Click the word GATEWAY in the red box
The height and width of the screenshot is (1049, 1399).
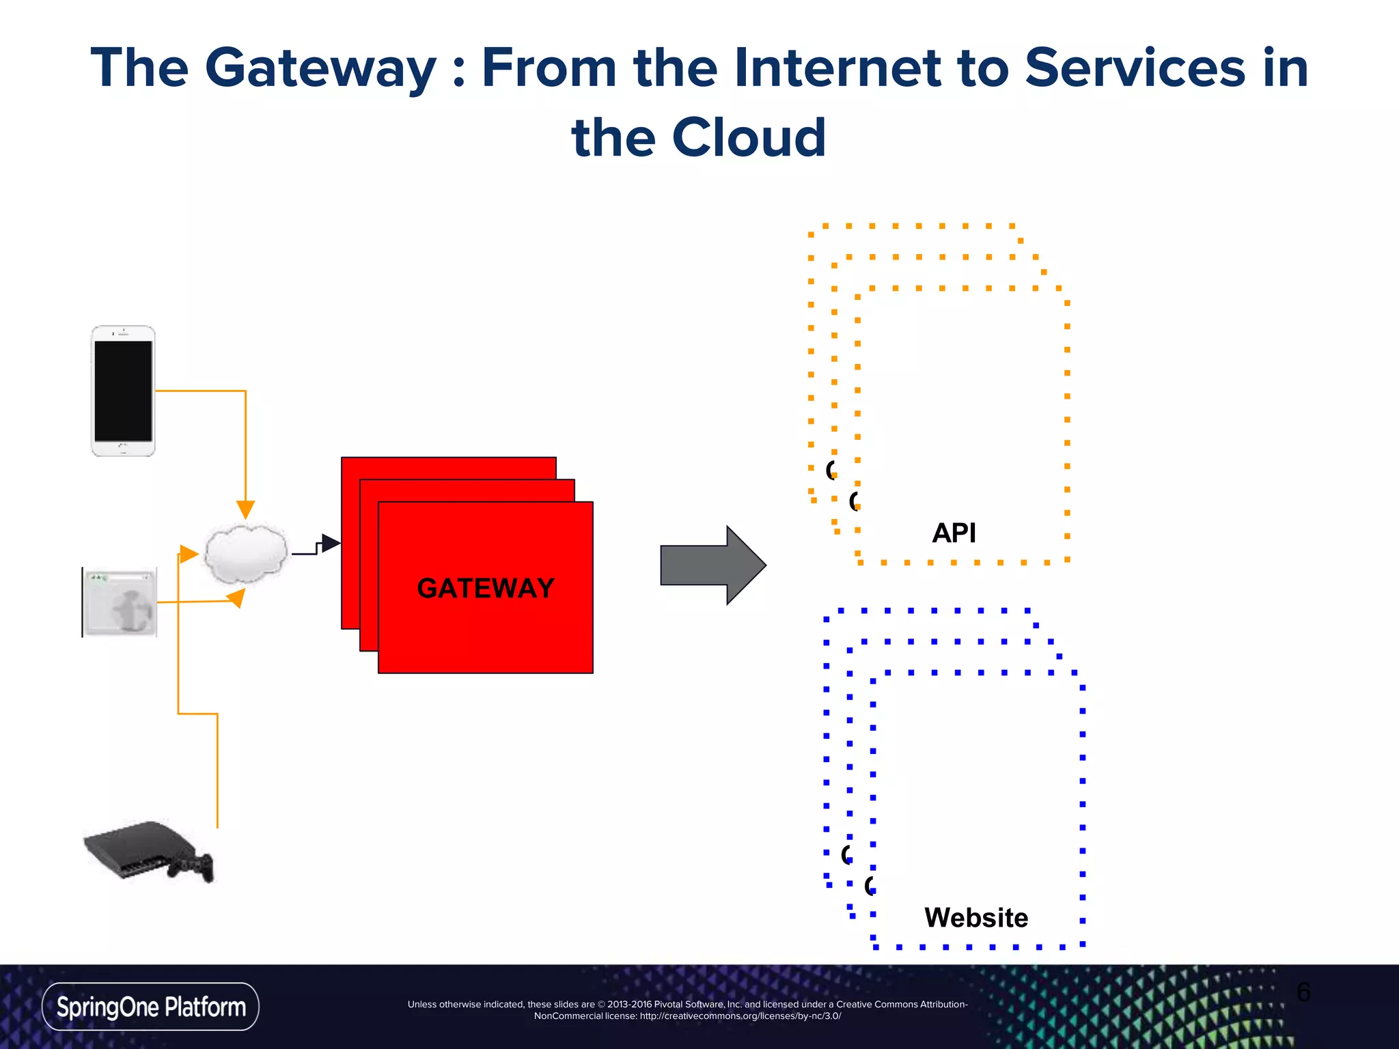485,588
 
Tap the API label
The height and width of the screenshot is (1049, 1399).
954,533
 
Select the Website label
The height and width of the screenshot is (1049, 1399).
975,917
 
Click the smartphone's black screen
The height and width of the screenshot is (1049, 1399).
124,391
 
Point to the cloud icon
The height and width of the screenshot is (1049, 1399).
246,553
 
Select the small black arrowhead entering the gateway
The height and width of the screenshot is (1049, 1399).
331,543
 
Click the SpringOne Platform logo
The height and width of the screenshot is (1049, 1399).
150,1007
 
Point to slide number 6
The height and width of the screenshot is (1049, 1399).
1303,992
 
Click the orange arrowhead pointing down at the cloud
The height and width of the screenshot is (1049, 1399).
245,509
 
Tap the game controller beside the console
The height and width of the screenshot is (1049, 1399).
193,866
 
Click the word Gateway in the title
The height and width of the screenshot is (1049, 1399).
320,68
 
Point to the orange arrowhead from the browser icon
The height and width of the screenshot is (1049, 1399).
236,599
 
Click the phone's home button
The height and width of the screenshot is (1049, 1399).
123,448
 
